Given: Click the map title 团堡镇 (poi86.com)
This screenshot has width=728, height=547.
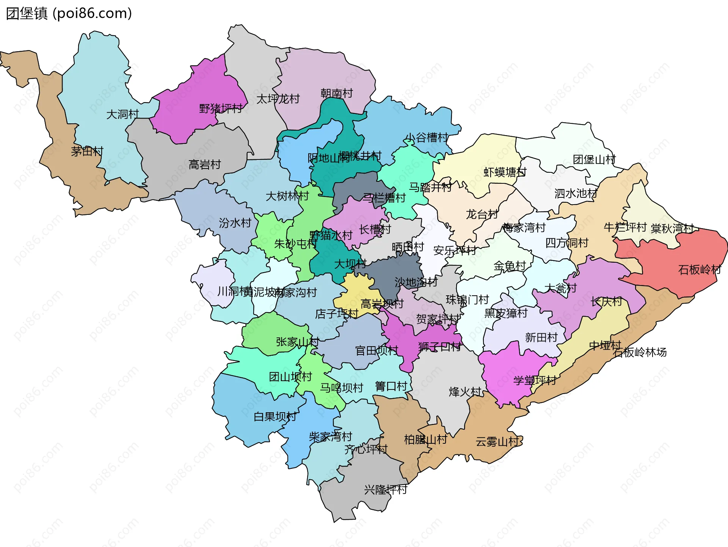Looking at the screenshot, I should tap(69, 13).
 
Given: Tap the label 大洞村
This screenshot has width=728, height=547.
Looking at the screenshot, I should tap(122, 114).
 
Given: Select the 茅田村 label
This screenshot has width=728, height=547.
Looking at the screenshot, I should tap(87, 151).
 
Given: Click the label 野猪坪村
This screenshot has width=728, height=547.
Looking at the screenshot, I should tap(221, 109).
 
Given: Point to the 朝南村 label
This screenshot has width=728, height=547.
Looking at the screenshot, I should tap(336, 93).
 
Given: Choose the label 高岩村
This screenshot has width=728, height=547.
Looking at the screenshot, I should tap(205, 165).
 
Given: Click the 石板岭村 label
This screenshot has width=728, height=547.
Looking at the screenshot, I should tap(699, 270).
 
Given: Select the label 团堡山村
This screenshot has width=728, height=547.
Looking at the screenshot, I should tap(594, 159).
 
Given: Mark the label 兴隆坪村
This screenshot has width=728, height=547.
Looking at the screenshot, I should tap(386, 490).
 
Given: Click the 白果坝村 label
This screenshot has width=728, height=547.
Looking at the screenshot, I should tap(275, 417).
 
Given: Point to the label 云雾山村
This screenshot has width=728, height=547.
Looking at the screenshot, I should tap(497, 442).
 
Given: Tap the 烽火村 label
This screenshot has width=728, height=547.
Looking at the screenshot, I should tap(465, 392).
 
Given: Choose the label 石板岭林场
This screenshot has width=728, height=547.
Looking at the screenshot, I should tap(640, 352).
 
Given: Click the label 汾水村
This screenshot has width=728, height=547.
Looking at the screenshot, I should tap(235, 223).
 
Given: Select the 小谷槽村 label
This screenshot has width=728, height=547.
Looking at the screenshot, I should tap(427, 137).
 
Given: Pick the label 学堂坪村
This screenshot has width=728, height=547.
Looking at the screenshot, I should tap(535, 380).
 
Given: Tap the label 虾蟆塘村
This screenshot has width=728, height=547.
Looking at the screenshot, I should tap(505, 172).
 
